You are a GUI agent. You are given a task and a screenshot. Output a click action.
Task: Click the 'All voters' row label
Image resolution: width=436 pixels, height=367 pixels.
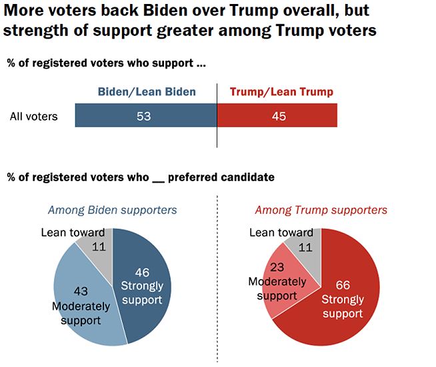tap(33, 117)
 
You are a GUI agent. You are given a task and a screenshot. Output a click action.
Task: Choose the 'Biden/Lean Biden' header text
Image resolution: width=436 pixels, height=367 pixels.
tap(147, 92)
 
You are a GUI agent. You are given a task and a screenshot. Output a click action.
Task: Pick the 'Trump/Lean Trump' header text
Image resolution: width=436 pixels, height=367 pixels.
tap(281, 92)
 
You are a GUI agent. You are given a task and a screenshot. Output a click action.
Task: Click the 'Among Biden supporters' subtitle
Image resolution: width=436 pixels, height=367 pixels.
tap(112, 210)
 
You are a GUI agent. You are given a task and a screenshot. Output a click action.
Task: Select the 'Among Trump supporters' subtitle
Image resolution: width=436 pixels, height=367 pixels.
tap(321, 210)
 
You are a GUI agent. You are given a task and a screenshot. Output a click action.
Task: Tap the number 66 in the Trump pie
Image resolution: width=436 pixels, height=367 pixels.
tap(343, 286)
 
